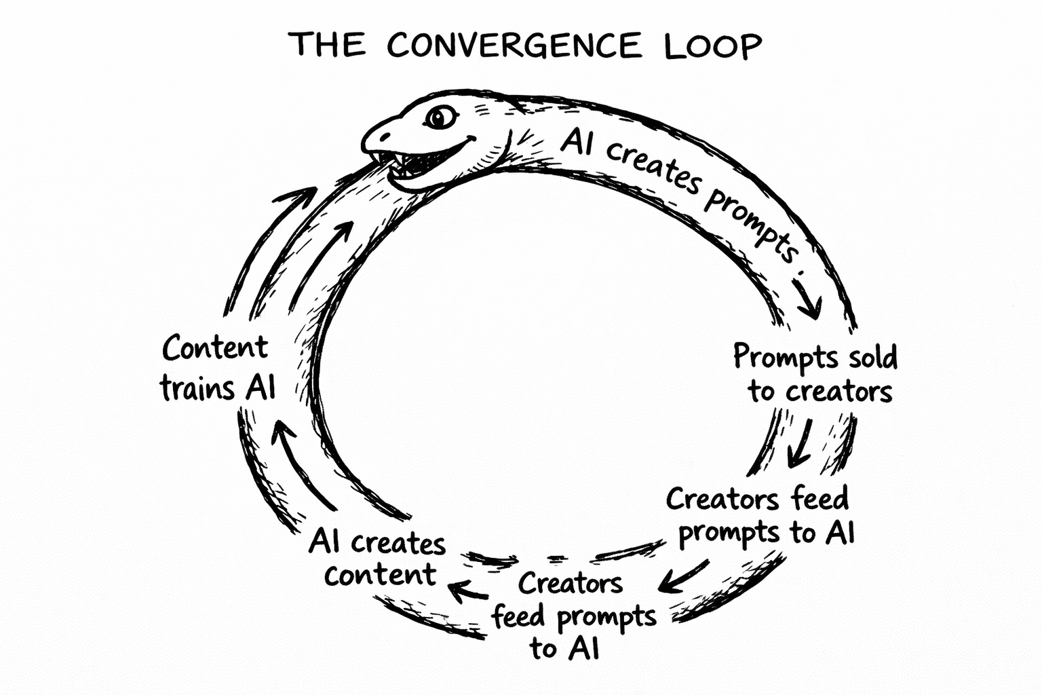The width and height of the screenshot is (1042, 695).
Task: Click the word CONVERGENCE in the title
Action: coord(514,46)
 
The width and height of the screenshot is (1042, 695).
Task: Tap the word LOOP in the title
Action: coord(712,46)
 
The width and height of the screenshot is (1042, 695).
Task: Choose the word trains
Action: coord(198,390)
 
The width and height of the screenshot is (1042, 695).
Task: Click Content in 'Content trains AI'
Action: coord(215,349)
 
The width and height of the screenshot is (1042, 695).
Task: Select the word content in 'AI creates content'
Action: coord(380,575)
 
